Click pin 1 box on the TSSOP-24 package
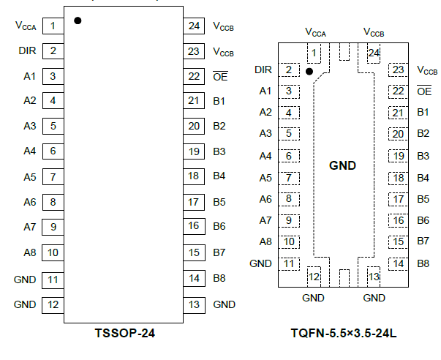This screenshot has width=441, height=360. pyautogui.click(x=53, y=26)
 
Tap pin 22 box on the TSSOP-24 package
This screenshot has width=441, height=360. pyautogui.click(x=193, y=76)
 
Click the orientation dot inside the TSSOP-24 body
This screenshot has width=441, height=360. pyautogui.click(x=78, y=20)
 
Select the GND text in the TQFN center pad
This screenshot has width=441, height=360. pyautogui.click(x=342, y=165)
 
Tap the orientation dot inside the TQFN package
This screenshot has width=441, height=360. pyautogui.click(x=309, y=72)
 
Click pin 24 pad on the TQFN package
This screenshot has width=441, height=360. pyautogui.click(x=374, y=53)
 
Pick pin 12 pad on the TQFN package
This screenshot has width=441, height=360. pyautogui.click(x=314, y=276)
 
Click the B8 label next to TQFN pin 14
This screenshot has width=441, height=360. pyautogui.click(x=423, y=263)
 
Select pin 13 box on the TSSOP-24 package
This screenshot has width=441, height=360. pyautogui.click(x=193, y=304)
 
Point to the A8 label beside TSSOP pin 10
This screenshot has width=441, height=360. pyautogui.click(x=29, y=252)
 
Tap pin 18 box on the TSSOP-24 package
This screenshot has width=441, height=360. pyautogui.click(x=193, y=176)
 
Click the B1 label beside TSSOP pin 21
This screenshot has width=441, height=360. pyautogui.click(x=219, y=101)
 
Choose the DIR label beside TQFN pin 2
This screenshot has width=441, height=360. pyautogui.click(x=263, y=70)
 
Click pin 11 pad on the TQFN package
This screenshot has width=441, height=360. pyautogui.click(x=289, y=263)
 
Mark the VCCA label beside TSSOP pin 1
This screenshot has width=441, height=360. pyautogui.click(x=26, y=26)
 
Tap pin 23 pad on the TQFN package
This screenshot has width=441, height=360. pyautogui.click(x=398, y=70)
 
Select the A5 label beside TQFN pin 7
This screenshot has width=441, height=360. pyautogui.click(x=265, y=178)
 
